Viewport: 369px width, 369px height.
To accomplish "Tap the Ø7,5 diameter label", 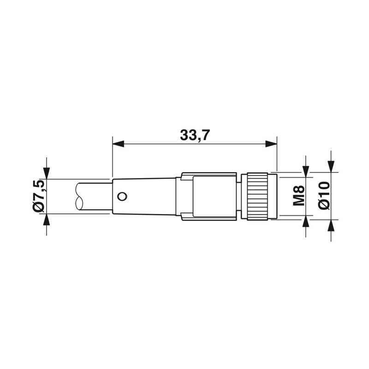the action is [38, 196].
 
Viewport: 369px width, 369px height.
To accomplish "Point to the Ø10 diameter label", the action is [324, 195].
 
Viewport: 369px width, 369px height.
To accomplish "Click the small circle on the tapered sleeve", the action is [122, 196].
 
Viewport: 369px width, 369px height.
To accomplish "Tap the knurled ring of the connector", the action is [257, 196].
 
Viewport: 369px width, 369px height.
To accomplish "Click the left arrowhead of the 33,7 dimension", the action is [119, 144].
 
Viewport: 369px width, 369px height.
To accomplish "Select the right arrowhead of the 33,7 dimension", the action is [271, 144].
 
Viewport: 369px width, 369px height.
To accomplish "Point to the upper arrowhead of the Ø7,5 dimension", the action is [47, 173].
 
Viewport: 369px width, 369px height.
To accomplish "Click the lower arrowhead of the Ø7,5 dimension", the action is [47, 220].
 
